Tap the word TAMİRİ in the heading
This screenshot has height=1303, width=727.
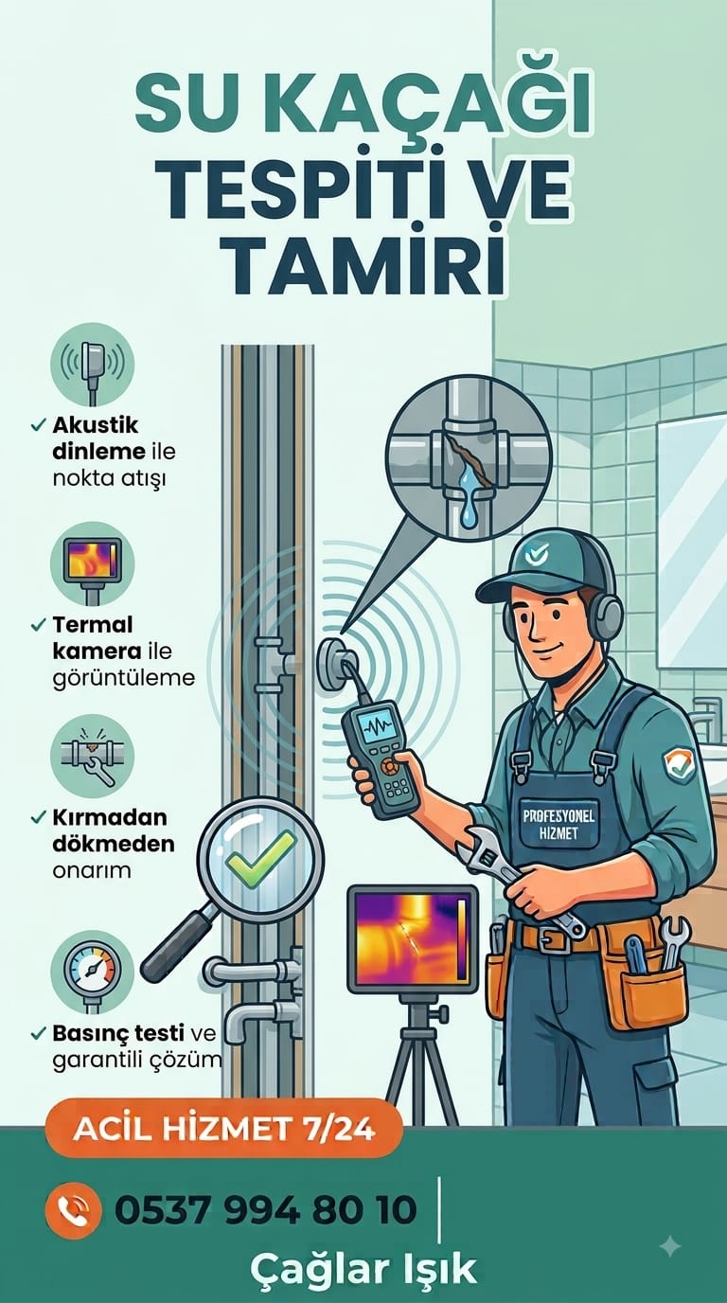pyautogui.click(x=364, y=259)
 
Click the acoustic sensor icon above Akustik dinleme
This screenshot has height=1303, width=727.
pyautogui.click(x=93, y=365)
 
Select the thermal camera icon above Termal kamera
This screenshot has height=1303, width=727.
pyautogui.click(x=93, y=563)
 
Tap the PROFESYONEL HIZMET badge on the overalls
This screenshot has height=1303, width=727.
pyautogui.click(x=559, y=824)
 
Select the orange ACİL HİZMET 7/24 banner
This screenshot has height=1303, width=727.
pyautogui.click(x=224, y=1129)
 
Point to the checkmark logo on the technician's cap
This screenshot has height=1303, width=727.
pyautogui.click(x=533, y=555)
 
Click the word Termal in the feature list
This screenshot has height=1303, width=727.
pyautogui.click(x=93, y=624)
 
